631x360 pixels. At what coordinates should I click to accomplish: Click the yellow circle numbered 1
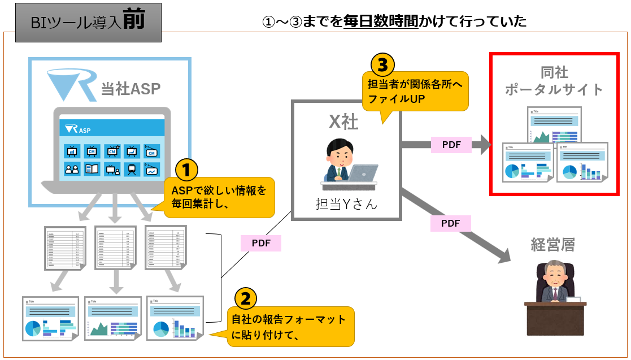(187, 170)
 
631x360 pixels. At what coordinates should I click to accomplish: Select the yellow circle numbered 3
(382, 64)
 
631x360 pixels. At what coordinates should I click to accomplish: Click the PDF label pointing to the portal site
(451, 145)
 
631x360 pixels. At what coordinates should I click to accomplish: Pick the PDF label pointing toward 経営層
(450, 223)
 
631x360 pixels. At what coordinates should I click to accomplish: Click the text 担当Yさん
(346, 203)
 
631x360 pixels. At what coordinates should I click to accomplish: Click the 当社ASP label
(130, 89)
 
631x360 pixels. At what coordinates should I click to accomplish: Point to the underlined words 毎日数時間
(381, 22)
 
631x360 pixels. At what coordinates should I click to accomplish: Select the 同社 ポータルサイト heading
(554, 81)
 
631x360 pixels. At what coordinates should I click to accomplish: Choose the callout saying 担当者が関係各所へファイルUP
(415, 91)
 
